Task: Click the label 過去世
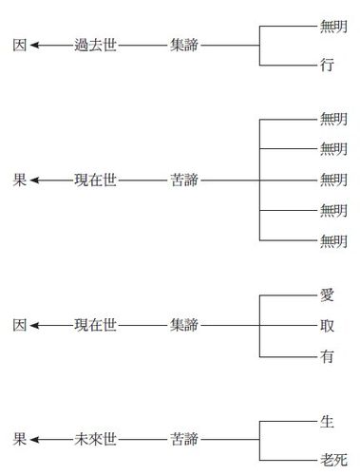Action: tap(95, 45)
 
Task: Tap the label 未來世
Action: tap(95, 439)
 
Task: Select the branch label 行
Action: tap(327, 66)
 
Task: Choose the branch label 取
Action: tap(327, 326)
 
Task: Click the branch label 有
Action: tap(327, 356)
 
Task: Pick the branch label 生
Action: tap(327, 420)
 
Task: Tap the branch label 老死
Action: tap(332, 458)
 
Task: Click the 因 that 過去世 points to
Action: tap(19, 45)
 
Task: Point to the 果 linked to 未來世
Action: tap(19, 439)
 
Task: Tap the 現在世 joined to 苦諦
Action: tap(95, 180)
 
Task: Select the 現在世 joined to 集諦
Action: tap(95, 326)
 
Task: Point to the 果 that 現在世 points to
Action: tap(19, 180)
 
